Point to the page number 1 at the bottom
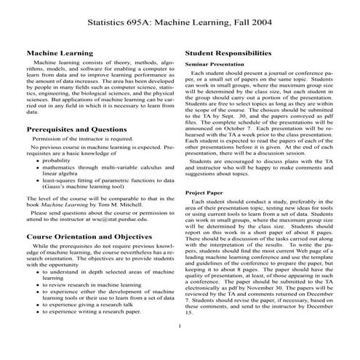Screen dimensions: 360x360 [179, 326]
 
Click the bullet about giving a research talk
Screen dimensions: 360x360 [92, 303]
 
